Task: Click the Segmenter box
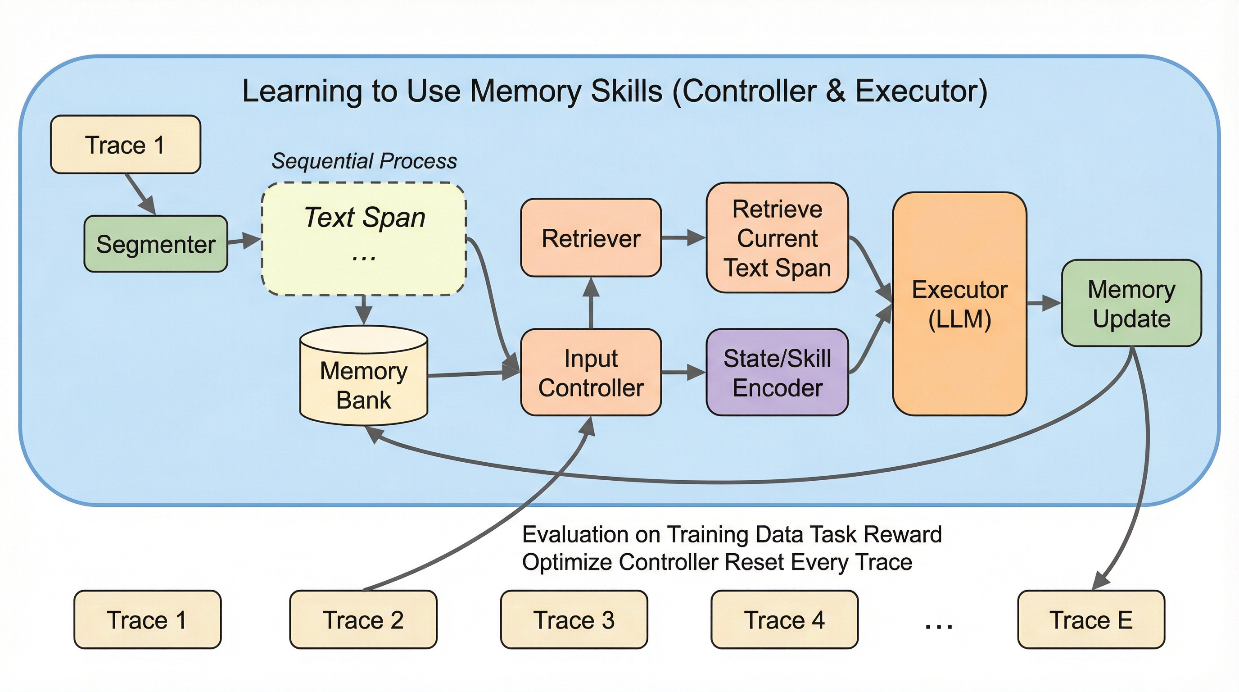(155, 244)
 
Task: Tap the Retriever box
(591, 238)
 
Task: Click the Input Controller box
(591, 373)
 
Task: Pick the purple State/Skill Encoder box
(777, 373)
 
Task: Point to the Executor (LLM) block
(959, 304)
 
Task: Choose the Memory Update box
(1131, 304)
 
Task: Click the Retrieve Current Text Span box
(777, 238)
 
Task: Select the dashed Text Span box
(364, 239)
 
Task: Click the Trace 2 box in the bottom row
(363, 620)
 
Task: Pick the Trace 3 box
(574, 620)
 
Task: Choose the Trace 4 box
(784, 620)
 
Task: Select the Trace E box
(1091, 620)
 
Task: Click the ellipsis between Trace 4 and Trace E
(938, 624)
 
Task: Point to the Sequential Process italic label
(364, 161)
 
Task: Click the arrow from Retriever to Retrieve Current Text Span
(683, 237)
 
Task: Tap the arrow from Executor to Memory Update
(1044, 304)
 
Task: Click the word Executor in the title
(920, 91)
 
